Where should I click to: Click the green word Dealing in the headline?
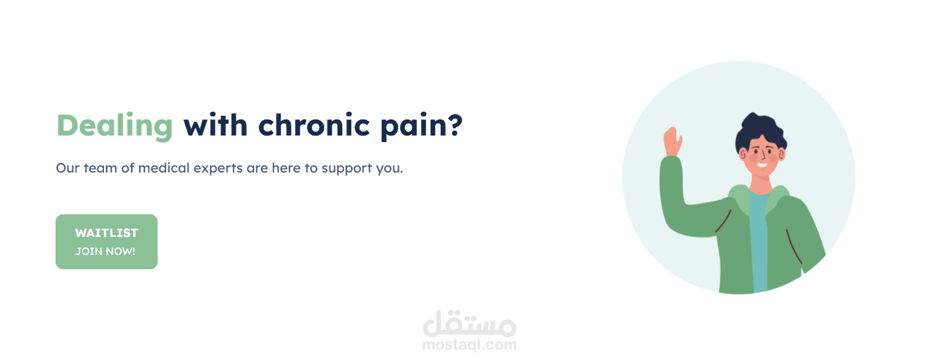(x=115, y=127)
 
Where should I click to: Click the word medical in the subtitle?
(x=164, y=168)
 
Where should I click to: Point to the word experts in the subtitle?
(x=218, y=169)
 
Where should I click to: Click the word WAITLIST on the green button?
(x=106, y=233)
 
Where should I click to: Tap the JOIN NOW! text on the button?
(x=105, y=251)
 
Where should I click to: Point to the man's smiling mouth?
(x=762, y=164)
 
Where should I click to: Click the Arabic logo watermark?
(x=469, y=324)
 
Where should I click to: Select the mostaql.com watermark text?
(x=469, y=345)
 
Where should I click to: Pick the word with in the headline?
(x=216, y=125)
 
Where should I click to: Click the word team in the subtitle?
(x=100, y=168)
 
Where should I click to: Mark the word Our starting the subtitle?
(x=67, y=168)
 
